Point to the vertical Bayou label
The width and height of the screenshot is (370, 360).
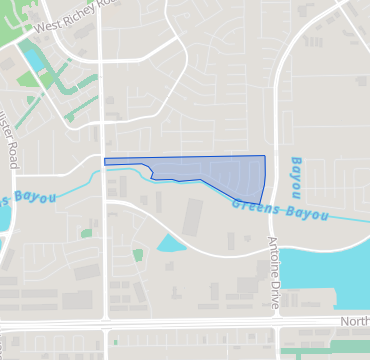[297, 174]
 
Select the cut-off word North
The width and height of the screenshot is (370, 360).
[354, 321]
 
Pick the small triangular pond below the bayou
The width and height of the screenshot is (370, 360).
[170, 243]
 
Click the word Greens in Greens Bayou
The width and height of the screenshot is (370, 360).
[254, 208]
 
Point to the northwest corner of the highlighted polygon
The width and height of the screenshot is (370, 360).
[105, 158]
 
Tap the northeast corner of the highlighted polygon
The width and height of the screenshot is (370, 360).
[265, 156]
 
